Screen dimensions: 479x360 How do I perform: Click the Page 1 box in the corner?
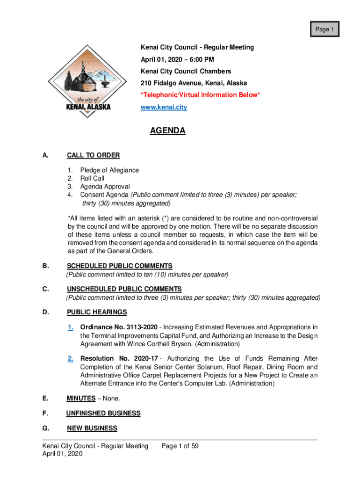coord(324,29)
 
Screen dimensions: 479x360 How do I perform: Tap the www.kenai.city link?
coord(164,107)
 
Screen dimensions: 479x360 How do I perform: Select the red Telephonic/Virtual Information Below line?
coord(200,95)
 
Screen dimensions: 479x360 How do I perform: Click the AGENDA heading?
coord(167,131)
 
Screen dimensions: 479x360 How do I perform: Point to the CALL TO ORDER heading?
coord(94,155)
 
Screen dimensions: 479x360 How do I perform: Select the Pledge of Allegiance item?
coord(109,170)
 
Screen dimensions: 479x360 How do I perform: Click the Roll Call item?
coord(92,178)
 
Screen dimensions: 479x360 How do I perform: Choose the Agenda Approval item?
coord(105,187)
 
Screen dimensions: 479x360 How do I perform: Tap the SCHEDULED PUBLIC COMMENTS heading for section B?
coord(120,266)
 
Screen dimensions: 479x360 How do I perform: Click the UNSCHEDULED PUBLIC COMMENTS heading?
coord(124,289)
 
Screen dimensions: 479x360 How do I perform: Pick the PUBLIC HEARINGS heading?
coord(97,312)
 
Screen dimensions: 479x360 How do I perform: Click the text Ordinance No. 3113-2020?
coord(119,327)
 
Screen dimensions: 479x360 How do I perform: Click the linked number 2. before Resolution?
coord(70,359)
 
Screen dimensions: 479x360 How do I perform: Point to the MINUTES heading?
coord(81,399)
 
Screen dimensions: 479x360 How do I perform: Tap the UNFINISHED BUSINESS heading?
coord(103,414)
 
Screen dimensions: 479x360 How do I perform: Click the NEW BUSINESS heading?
coord(92,428)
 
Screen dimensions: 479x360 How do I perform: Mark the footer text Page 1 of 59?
coord(180,446)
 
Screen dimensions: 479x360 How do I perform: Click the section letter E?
coord(45,399)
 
